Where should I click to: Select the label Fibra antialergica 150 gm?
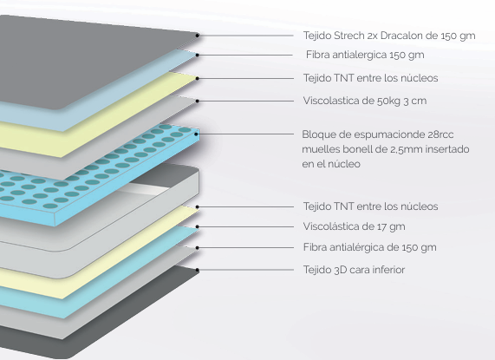(365, 55)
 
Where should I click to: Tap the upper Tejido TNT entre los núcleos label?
(371, 78)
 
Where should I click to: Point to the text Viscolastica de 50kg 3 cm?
(365, 101)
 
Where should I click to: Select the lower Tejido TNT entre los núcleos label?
(371, 206)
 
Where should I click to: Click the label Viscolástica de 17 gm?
(355, 226)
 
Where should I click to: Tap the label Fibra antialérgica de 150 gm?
(370, 247)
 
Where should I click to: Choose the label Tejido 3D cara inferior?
(354, 270)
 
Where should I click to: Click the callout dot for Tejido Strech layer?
(198, 36)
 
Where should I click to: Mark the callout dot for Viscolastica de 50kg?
(198, 101)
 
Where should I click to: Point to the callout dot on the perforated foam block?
(197, 134)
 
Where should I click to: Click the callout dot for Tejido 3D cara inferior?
(198, 270)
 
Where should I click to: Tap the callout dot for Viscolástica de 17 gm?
(198, 226)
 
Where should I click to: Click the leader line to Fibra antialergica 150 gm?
(245, 55)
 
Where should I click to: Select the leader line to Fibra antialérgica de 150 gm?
(245, 248)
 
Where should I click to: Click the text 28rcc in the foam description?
(440, 134)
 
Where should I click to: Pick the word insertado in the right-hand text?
(449, 149)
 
